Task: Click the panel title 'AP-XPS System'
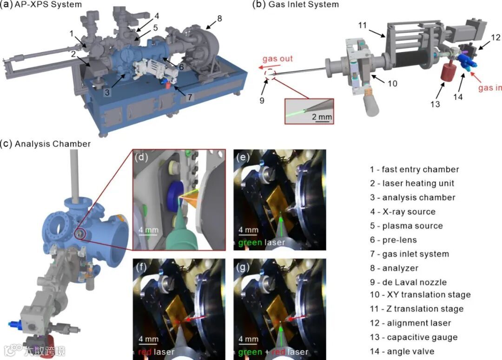[48, 5]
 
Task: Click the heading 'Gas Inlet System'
[304, 5]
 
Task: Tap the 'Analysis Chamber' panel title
[53, 144]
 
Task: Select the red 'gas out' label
[277, 59]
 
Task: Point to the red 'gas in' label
[490, 87]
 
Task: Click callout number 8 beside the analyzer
[219, 19]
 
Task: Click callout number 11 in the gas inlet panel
[363, 25]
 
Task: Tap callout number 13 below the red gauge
[435, 104]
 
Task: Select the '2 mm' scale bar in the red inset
[322, 118]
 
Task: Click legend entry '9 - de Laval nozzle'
[408, 282]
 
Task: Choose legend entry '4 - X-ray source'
[403, 211]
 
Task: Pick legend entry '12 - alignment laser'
[410, 323]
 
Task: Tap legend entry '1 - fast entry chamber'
[415, 169]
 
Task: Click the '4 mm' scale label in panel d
[149, 230]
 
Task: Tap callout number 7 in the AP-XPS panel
[190, 97]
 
